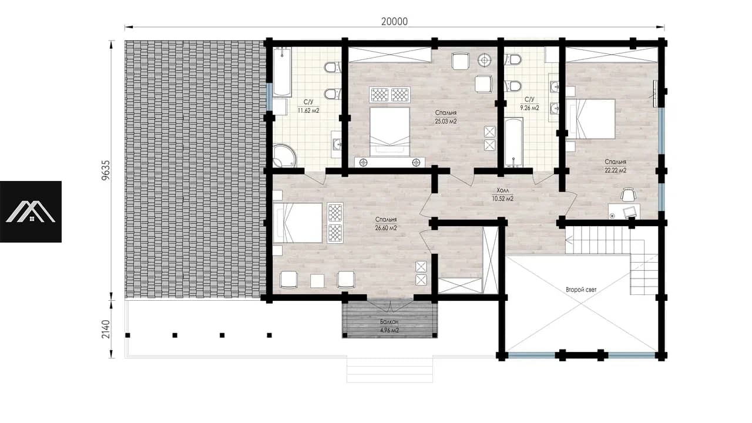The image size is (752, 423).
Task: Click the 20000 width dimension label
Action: [x=394, y=22]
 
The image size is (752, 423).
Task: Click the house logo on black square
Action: [x=31, y=211]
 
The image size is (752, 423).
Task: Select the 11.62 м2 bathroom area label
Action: [x=308, y=110]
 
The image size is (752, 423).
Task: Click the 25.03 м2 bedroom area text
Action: [x=446, y=121]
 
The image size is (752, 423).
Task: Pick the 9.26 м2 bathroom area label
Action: [x=529, y=108]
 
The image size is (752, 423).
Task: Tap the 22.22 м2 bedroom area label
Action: [x=615, y=170]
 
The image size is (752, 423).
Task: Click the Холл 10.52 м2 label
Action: [x=502, y=194]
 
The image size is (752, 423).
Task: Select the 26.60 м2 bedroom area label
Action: [x=386, y=228]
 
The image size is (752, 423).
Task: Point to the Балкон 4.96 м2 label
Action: [x=390, y=326]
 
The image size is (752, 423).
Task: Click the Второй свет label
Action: [x=581, y=290]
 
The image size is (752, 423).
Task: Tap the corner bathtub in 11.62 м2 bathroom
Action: [x=284, y=156]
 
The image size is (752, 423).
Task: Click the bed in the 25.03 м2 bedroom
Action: [x=390, y=131]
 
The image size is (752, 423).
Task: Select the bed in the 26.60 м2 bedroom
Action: [x=297, y=223]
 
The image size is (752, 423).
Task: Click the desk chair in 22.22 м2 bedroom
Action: [x=628, y=194]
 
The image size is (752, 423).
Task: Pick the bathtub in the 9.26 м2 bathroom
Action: [x=513, y=142]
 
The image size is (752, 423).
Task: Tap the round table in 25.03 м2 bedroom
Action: [x=485, y=61]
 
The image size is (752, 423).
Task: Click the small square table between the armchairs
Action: [x=317, y=281]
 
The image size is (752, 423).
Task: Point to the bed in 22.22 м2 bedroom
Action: [x=590, y=119]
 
